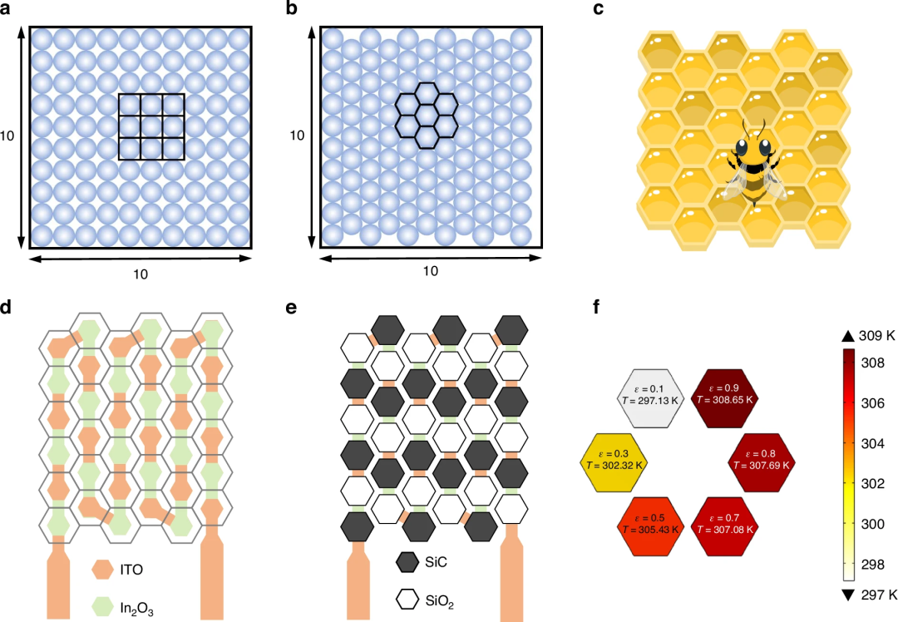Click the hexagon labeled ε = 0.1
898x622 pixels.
pyautogui.click(x=650, y=398)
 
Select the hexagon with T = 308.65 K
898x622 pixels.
pyautogui.click(x=724, y=398)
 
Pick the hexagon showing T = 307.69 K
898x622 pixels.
pyautogui.click(x=761, y=463)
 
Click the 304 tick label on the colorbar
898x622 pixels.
pyautogui.click(x=872, y=443)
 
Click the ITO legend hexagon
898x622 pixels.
pyautogui.click(x=102, y=570)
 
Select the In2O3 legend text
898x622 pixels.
pyautogui.click(x=137, y=608)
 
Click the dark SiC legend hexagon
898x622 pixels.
pyautogui.click(x=407, y=562)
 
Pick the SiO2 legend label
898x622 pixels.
pyautogui.click(x=439, y=601)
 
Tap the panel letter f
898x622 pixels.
pyautogui.click(x=597, y=308)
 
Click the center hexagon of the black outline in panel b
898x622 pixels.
pyautogui.click(x=427, y=115)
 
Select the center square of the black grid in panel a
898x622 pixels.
pyautogui.click(x=151, y=126)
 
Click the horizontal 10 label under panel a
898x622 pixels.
pyautogui.click(x=141, y=274)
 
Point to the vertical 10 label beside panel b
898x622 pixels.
pyautogui.click(x=297, y=136)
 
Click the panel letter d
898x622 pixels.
pyautogui.click(x=6, y=308)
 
